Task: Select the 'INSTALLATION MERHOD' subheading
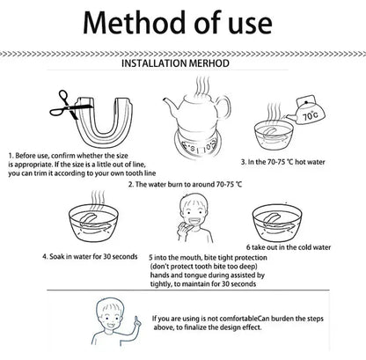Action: [182, 65]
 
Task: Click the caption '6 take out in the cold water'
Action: [289, 248]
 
